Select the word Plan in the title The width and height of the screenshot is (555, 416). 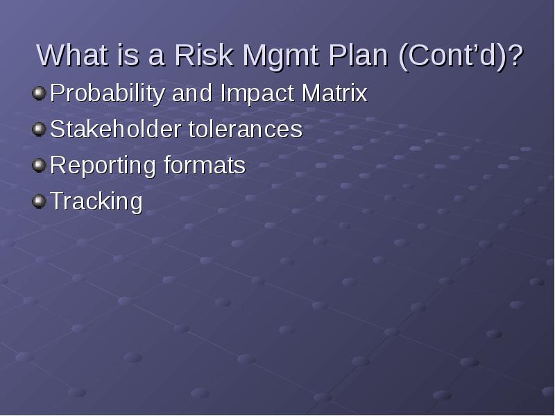pyautogui.click(x=358, y=55)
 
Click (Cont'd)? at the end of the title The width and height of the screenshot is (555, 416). pyautogui.click(x=461, y=57)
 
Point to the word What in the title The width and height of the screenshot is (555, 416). pyautogui.click(x=72, y=55)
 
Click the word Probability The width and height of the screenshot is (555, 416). pyautogui.click(x=108, y=94)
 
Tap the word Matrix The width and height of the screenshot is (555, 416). pyautogui.click(x=334, y=93)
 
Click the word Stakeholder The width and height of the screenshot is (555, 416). pyautogui.click(x=115, y=129)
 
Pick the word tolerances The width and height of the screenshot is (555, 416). pyautogui.click(x=246, y=129)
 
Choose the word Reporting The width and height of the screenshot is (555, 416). pyautogui.click(x=103, y=166)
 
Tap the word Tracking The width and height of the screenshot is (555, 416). pyautogui.click(x=96, y=202)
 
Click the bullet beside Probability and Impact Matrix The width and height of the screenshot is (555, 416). pyautogui.click(x=40, y=94)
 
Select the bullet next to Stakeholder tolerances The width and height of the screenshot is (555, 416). pyautogui.click(x=40, y=130)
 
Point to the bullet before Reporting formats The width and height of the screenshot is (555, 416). pyautogui.click(x=40, y=165)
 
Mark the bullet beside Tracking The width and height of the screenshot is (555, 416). pyautogui.click(x=40, y=201)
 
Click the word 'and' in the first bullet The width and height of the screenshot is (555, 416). pyautogui.click(x=192, y=93)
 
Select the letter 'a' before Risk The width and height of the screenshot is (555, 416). pyautogui.click(x=157, y=58)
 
